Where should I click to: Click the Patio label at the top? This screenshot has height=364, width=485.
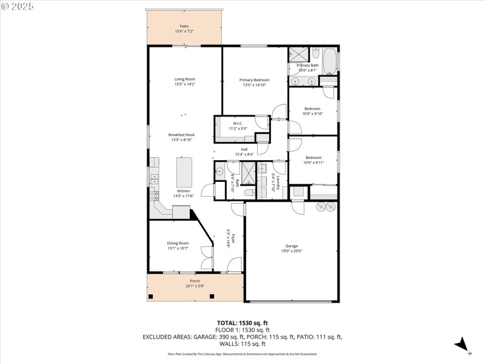point(184,27)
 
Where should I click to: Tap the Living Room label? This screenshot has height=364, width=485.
point(184,79)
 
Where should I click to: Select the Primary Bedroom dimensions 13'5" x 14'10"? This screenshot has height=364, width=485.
point(254,86)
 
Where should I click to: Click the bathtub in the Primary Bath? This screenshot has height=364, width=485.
point(329,61)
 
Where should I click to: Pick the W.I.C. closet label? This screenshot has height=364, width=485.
point(237,123)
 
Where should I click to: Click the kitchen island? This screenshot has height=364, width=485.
point(184,172)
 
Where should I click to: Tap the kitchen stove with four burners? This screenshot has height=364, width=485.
point(155,195)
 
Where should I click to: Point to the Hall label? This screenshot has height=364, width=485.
point(244,149)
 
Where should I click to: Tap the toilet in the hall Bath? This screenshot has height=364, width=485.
point(249,193)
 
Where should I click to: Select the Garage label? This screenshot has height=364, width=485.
point(292,246)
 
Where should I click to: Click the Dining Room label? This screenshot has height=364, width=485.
point(178,243)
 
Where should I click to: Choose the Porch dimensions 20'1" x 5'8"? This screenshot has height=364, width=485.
point(195,286)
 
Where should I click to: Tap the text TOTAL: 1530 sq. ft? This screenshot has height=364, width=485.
point(242,323)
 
